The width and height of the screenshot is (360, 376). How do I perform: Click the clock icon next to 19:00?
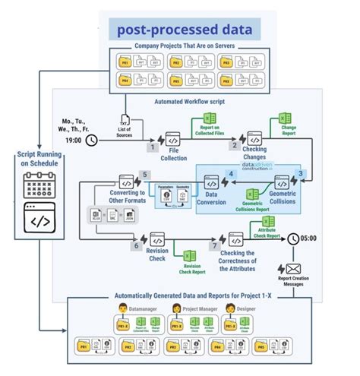(92, 141)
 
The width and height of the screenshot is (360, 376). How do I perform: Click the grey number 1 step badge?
(153, 148)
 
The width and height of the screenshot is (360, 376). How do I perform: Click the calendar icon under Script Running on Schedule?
(34, 185)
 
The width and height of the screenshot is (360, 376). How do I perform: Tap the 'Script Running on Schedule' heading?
(34, 157)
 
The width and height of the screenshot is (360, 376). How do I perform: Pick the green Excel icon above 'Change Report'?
(285, 118)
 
